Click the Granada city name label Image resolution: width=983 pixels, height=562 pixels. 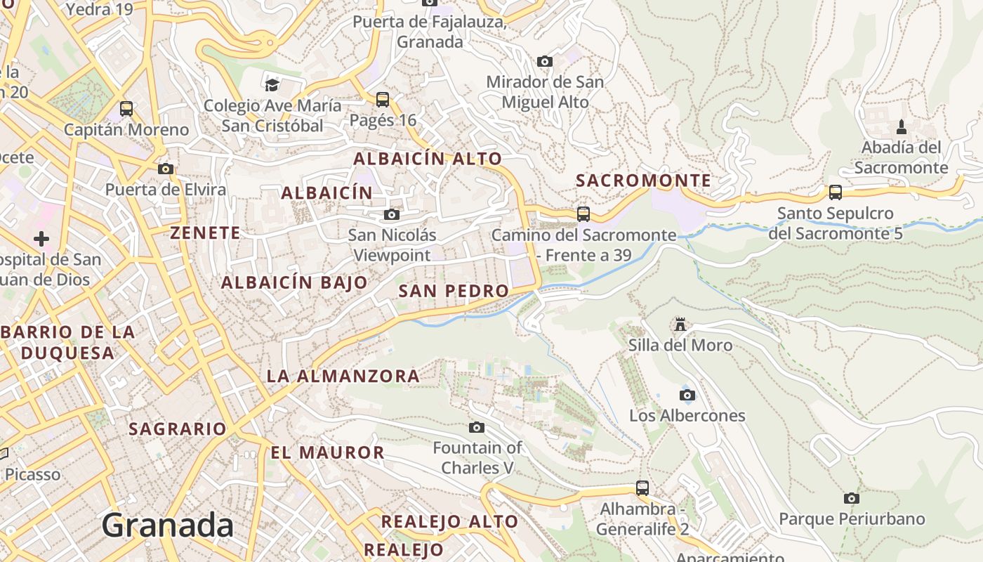[167, 525]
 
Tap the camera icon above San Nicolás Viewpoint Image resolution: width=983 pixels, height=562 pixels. [392, 214]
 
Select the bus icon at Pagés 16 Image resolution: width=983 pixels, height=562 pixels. [383, 100]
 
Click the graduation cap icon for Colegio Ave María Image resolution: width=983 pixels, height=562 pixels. [272, 85]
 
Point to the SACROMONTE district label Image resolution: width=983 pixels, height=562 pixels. [643, 181]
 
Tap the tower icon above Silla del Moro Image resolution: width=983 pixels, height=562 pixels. [680, 325]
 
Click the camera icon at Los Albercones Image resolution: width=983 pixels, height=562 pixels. [687, 395]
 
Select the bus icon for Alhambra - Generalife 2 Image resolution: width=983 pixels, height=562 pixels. [642, 488]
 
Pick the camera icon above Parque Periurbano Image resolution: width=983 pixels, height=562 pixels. [851, 498]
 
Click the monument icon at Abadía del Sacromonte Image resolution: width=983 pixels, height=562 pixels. [902, 127]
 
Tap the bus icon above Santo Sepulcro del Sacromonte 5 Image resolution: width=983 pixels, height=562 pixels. [835, 192]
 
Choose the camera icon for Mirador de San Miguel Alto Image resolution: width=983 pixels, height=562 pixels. [544, 62]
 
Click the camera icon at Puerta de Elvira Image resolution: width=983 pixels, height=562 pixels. [166, 169]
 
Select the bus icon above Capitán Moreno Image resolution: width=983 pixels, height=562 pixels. [126, 109]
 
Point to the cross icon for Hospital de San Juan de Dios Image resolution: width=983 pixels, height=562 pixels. [41, 239]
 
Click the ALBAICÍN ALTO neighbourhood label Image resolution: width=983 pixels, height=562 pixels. [427, 159]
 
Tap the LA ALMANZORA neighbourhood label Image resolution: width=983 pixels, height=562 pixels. [343, 376]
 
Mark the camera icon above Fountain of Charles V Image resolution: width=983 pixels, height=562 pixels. [477, 427]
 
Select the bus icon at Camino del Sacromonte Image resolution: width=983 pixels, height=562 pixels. [583, 214]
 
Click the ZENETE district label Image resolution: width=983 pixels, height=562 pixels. [205, 233]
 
